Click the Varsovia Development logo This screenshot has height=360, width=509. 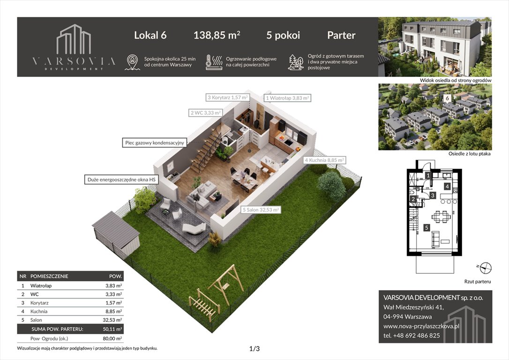(x=74, y=47)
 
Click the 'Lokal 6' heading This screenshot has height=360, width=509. (x=150, y=35)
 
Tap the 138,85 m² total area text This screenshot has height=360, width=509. (x=217, y=35)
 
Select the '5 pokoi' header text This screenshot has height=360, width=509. (x=283, y=35)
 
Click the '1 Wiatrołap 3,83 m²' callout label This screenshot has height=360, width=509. (x=287, y=98)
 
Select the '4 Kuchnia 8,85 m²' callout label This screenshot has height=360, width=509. (x=324, y=160)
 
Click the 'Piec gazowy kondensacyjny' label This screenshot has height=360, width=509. (x=155, y=142)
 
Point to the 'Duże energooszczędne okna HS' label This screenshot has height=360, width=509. (x=120, y=180)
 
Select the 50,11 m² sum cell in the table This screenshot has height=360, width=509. (x=113, y=329)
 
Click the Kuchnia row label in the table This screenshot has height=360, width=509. (x=40, y=311)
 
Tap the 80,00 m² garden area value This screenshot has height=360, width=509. (x=113, y=338)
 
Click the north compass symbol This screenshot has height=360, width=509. (x=486, y=268)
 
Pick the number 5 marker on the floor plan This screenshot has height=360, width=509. (x=426, y=228)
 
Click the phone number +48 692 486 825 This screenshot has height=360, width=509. (x=412, y=335)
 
